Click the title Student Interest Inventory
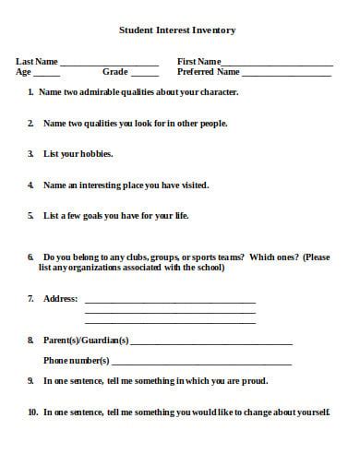tap(177, 30)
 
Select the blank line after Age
tap(47, 75)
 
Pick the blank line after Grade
tap(144, 75)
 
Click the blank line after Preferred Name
tap(287, 75)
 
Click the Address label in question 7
tap(61, 299)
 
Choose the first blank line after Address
tap(170, 302)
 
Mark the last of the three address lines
tap(170, 322)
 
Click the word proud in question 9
tap(255, 380)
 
